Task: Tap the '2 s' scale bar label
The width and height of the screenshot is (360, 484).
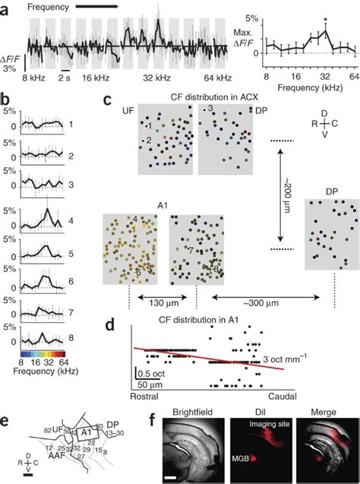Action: pyautogui.click(x=66, y=78)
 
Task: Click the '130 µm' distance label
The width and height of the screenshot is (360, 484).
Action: pyautogui.click(x=162, y=300)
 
